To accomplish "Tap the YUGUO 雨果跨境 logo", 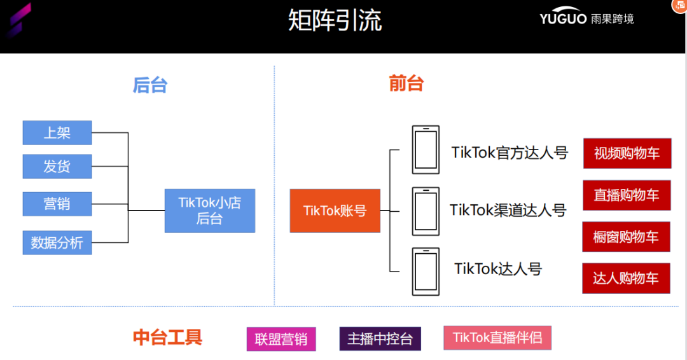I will pos(586,18).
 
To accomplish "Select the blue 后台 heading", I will pos(150,85).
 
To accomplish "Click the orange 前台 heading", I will pos(406,83).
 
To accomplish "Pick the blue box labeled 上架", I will pos(57,133).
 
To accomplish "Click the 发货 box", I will pos(57,167).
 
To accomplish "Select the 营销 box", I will pos(57,204).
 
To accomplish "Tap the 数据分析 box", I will pos(57,242).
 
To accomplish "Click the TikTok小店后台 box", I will pos(209,211).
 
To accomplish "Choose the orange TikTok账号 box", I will pos(335,211).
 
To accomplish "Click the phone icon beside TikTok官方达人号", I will pos(426,149).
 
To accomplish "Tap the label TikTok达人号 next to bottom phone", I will pos(498,269).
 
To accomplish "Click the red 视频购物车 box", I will pos(627,153).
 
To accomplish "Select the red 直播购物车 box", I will pos(626,195).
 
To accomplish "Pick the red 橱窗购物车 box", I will pos(626,237).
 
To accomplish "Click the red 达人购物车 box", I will pos(626,278).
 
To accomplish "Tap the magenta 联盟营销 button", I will pos(281,339).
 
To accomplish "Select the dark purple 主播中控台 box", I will pos(380,339).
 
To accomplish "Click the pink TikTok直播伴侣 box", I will pos(497,338).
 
